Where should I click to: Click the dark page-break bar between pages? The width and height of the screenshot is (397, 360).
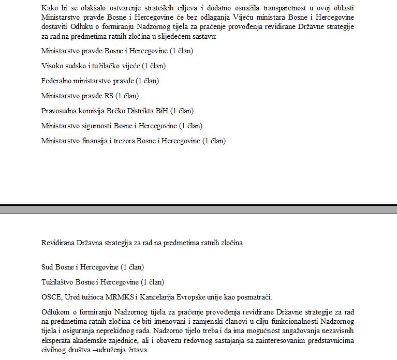pos(198,209)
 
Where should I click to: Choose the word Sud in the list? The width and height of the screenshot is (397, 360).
pos(47,267)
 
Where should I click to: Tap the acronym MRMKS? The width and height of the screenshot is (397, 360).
pos(109,297)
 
